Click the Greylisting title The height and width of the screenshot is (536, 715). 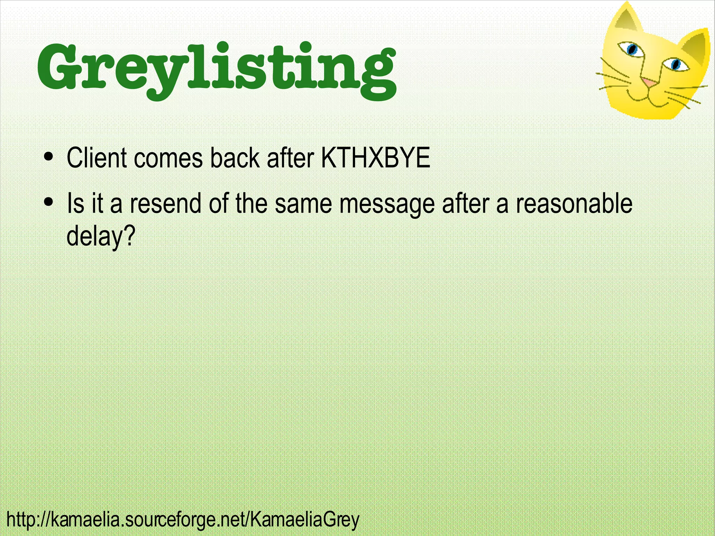(216, 68)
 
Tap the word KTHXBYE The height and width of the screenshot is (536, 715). (375, 158)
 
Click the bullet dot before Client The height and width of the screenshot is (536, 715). (49, 156)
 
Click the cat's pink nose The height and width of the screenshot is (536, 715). (649, 82)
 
